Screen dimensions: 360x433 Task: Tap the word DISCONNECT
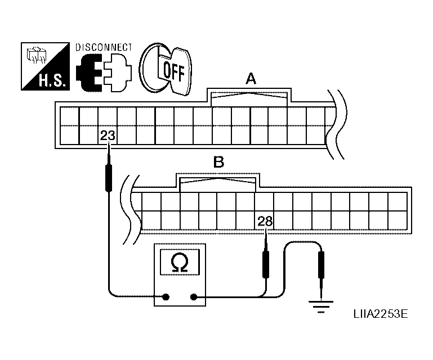tap(104, 47)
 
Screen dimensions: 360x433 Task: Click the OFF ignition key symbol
tap(166, 68)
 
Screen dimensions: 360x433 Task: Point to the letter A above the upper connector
tap(251, 80)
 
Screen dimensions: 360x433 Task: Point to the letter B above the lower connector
tap(218, 164)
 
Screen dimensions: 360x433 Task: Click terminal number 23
tap(107, 136)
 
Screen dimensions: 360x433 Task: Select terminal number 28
tap(265, 221)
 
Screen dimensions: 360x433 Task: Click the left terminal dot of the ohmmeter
tap(166, 297)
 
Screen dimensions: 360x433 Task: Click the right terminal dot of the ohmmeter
tap(194, 297)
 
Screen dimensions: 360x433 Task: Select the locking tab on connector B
tap(218, 183)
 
